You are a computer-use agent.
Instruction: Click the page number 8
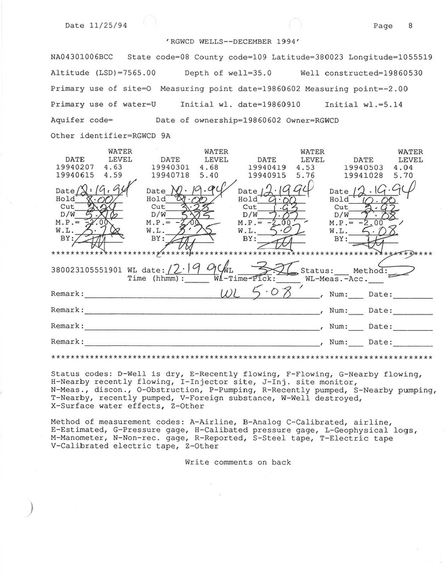(x=410, y=26)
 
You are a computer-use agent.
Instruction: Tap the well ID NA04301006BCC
(x=82, y=58)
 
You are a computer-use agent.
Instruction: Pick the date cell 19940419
(x=267, y=167)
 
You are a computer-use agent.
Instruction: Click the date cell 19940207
(x=74, y=167)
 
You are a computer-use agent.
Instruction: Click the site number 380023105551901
(x=86, y=271)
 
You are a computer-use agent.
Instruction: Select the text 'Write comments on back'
(x=237, y=462)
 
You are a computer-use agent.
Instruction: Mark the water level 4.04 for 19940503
(x=403, y=167)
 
